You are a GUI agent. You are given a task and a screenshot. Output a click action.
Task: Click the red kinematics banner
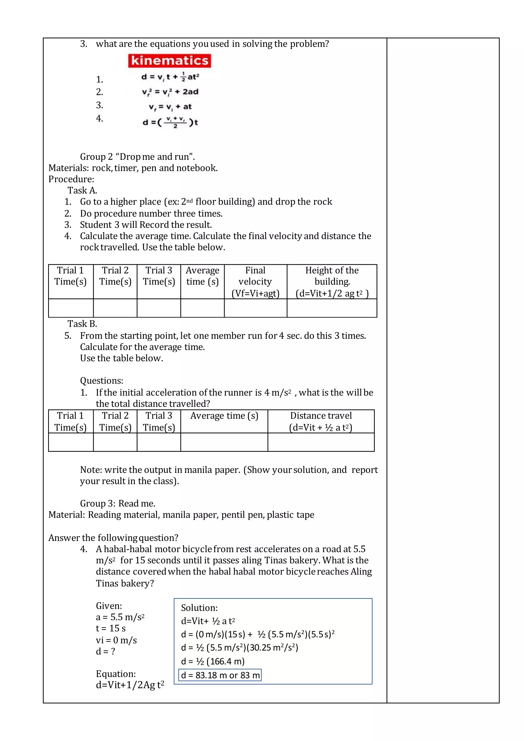[x=169, y=61]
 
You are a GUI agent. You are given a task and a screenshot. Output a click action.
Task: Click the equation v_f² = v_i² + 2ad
[x=170, y=92]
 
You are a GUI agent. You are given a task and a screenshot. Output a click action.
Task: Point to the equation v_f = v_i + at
[x=170, y=107]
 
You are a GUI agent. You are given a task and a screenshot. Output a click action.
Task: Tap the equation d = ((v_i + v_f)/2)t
[x=170, y=122]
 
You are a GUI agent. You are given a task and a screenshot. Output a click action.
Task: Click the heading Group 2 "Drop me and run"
[x=137, y=157]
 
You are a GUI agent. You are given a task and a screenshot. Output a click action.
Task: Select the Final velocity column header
[x=255, y=281]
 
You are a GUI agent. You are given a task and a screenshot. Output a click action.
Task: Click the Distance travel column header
[x=321, y=421]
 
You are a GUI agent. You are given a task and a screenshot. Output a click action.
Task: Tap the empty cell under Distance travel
[x=321, y=442]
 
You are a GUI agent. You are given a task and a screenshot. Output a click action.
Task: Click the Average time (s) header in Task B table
[x=224, y=416]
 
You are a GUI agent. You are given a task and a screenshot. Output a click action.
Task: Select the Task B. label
[x=82, y=324]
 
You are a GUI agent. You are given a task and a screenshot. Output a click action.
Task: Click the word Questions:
[x=102, y=380]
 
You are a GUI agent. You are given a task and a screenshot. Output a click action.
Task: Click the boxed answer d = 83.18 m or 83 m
[x=220, y=675]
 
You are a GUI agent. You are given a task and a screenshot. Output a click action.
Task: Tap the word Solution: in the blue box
[x=199, y=608]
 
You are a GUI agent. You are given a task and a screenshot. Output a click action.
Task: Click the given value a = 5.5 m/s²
[x=120, y=617]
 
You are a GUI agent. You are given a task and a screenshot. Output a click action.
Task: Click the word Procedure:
[x=71, y=179]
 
